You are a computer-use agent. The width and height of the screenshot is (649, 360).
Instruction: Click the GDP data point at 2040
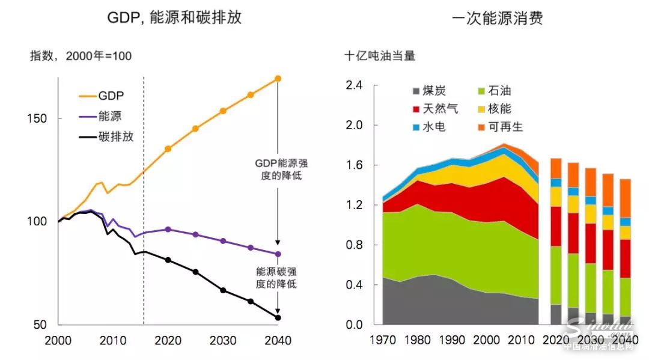(x=278, y=79)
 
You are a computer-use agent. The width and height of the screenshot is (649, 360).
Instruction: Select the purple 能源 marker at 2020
(x=168, y=230)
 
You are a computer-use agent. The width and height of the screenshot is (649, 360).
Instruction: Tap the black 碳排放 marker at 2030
(x=223, y=290)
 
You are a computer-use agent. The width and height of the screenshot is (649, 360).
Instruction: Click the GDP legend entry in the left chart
(x=111, y=96)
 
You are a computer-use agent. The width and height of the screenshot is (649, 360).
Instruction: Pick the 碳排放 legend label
(x=116, y=136)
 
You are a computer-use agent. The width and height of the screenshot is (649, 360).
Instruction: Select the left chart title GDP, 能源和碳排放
(x=174, y=17)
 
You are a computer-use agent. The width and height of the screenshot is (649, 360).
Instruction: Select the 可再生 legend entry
(x=506, y=127)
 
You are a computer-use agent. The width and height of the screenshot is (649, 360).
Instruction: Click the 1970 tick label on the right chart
(x=382, y=340)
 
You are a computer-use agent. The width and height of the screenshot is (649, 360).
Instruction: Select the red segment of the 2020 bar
(x=556, y=227)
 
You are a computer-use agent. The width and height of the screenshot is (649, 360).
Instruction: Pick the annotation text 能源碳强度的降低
(x=276, y=278)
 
